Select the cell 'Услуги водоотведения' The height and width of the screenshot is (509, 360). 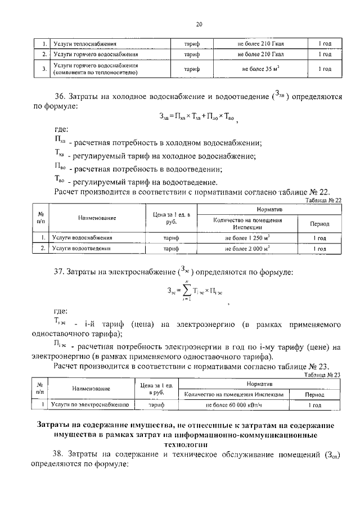[82, 247]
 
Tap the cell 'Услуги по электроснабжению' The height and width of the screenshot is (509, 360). [89, 404]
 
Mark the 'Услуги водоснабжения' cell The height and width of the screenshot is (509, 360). [82, 238]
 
